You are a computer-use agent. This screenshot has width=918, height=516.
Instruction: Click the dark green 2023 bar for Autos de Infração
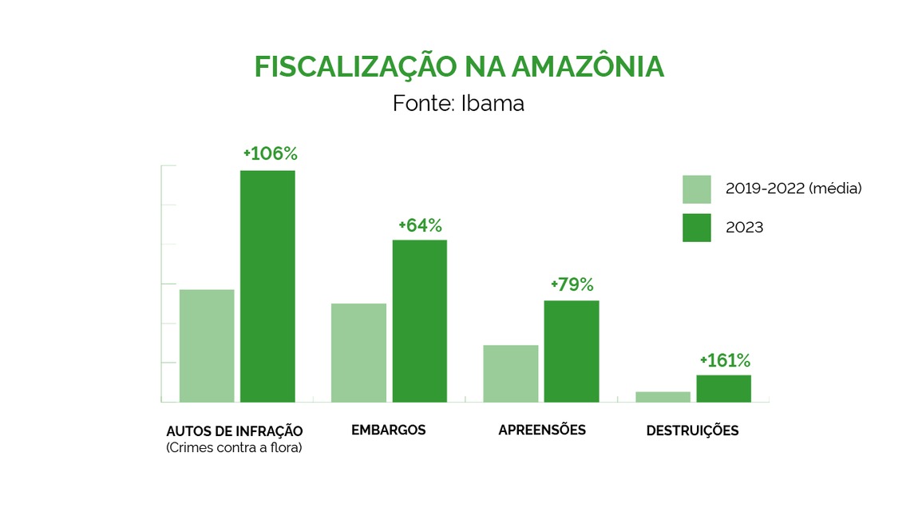click(267, 286)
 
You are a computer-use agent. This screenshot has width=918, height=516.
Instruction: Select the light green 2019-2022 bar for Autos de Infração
click(207, 345)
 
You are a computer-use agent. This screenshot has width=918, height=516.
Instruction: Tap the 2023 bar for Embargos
click(419, 320)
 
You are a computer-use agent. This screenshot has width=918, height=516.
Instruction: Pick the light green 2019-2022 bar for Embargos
click(359, 352)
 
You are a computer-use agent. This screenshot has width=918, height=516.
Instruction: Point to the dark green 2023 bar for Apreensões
click(572, 351)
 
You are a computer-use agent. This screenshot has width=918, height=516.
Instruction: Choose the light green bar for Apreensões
click(511, 373)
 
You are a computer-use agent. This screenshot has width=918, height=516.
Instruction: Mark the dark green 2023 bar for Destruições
click(723, 388)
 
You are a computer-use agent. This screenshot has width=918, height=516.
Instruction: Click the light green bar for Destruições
click(663, 396)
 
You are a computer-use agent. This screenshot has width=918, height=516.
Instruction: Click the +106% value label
click(264, 153)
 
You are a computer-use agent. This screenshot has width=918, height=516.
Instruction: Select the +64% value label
click(420, 225)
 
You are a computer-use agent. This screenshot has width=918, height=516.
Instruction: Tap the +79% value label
click(572, 284)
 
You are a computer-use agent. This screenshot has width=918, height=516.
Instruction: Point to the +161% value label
click(725, 360)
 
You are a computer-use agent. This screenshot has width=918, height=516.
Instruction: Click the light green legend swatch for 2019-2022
click(696, 189)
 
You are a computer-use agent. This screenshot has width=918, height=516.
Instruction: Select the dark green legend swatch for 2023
click(696, 228)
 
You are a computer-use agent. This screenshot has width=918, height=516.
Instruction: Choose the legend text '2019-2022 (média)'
click(793, 189)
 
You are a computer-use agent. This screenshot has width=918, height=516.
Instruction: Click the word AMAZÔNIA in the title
click(587, 67)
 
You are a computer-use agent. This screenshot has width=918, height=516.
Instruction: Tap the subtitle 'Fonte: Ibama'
click(458, 104)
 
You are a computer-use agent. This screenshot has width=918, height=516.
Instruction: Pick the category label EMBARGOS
click(389, 430)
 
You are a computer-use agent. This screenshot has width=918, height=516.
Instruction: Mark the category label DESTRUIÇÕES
click(692, 431)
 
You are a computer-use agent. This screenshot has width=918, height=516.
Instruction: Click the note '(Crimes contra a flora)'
click(234, 448)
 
